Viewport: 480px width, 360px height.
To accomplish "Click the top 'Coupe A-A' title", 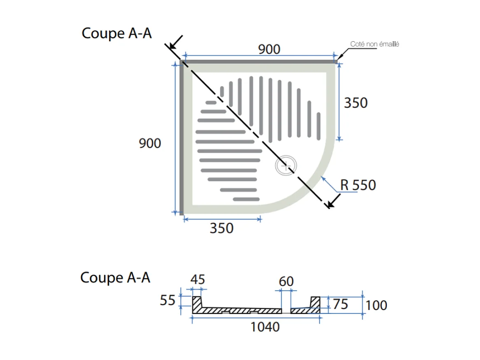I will (x=117, y=33).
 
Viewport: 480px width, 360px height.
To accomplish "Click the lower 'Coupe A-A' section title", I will (x=115, y=278).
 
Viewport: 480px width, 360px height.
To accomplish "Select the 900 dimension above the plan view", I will (x=269, y=49).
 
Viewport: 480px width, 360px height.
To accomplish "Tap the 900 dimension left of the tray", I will (x=150, y=143).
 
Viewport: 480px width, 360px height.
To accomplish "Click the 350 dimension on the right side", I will (x=356, y=103).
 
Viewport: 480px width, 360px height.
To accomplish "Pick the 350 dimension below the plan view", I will (x=221, y=228).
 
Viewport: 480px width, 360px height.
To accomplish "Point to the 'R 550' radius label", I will (x=358, y=185).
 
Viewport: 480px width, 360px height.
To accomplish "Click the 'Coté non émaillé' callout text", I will (x=374, y=44).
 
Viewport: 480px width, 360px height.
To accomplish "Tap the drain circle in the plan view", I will (x=286, y=166).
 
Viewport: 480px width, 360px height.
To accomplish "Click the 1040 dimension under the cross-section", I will (x=265, y=327).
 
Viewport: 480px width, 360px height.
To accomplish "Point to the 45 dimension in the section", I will (x=198, y=280).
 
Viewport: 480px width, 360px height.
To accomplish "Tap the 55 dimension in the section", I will (x=168, y=301).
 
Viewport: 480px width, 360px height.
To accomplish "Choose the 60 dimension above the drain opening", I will (x=286, y=281).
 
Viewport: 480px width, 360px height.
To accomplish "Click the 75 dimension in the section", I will (x=340, y=304).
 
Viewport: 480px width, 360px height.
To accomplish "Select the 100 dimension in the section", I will (x=376, y=305).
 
